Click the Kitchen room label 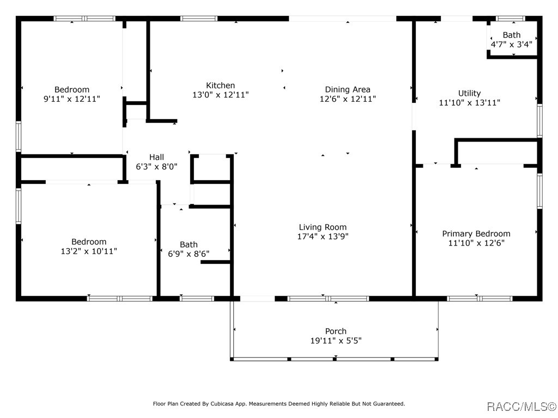[220, 85]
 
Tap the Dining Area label [347, 90]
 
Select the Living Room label [323, 227]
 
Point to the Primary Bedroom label [476, 233]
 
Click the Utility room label [469, 93]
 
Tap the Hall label [156, 157]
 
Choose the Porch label [336, 331]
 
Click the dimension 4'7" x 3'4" [512, 45]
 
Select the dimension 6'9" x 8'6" [189, 254]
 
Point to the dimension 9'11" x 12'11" [72, 99]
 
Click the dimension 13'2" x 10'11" [89, 251]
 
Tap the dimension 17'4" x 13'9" [323, 236]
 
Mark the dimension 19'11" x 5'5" [336, 341]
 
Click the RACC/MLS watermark [521, 407]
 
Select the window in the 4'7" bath [510, 19]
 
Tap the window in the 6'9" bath [197, 299]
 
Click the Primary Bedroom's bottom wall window [480, 299]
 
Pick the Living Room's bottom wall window [328, 299]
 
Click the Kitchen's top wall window [199, 19]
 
